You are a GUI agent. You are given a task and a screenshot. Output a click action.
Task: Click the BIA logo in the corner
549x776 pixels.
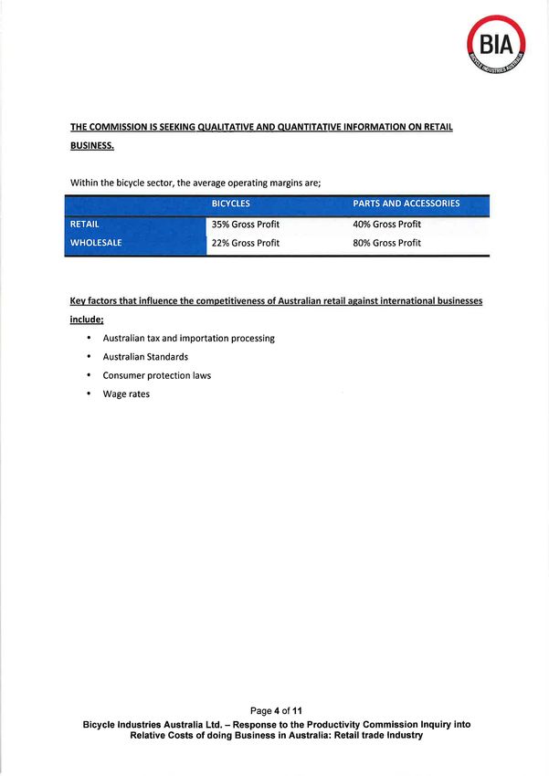pos(496,43)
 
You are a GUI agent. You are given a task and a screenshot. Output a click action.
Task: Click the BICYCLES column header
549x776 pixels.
pos(231,204)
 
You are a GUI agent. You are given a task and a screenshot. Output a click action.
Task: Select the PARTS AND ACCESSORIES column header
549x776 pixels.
pos(406,204)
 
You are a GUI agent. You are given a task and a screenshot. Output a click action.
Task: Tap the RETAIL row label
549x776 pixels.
pos(85,224)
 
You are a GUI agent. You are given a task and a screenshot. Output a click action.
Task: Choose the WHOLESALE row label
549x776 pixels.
pos(96,243)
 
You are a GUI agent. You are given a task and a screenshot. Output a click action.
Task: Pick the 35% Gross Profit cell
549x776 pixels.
pos(246,224)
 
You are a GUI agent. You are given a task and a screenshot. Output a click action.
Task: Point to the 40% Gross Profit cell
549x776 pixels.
pos(386,224)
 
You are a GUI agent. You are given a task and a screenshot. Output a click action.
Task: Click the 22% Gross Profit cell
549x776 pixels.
pos(246,243)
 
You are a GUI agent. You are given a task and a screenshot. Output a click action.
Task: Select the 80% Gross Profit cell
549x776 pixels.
pos(386,243)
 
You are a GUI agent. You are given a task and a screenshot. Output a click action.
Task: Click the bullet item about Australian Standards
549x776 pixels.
pos(145,357)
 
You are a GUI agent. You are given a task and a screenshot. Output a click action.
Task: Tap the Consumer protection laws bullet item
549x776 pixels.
pos(156,375)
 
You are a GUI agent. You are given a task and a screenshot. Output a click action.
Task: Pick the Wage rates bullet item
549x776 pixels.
pos(126,394)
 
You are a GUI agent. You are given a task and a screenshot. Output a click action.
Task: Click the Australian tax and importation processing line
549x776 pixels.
pos(188,338)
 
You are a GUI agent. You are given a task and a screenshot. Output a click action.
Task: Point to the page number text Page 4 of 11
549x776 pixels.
pos(276,710)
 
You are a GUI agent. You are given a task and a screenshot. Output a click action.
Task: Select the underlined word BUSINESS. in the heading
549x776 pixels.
pos(92,145)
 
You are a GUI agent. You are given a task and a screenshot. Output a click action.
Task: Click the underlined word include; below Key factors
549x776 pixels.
pos(87,320)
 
